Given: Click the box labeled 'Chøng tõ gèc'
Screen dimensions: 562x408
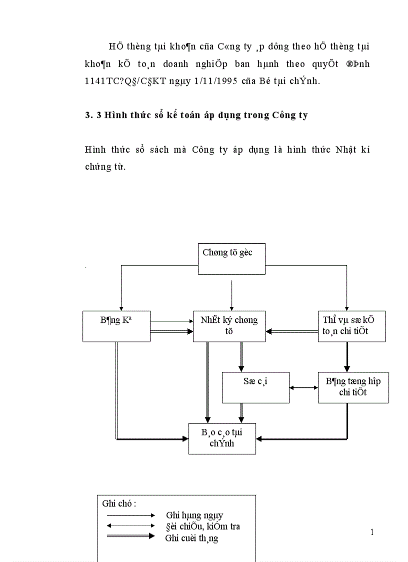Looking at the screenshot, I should (x=231, y=258).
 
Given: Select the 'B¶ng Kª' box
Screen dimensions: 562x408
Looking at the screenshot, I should (x=116, y=326).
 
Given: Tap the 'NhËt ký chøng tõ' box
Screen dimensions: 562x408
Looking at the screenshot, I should (x=229, y=326).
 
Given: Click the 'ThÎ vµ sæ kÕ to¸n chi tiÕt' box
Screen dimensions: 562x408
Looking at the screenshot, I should (x=351, y=326).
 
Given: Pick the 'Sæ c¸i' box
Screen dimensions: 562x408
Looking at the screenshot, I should (x=255, y=387).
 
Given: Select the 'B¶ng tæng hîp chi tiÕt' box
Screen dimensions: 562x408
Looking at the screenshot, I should (x=353, y=387).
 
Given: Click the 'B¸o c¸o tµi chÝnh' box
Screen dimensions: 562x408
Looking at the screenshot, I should (x=222, y=438).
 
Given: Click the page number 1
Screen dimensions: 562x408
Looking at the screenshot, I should (x=372, y=532).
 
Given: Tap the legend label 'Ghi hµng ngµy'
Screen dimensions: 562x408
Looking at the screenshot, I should (x=194, y=515).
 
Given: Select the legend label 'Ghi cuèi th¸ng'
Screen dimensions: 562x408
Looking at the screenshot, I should (x=191, y=538).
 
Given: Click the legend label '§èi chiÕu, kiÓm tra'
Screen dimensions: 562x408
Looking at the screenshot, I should (x=202, y=526).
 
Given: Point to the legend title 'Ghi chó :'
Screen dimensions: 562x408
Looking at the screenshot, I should (x=119, y=503).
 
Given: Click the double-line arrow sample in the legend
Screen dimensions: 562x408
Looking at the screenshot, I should (x=131, y=536).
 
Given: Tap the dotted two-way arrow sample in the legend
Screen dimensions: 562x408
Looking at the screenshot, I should (x=131, y=525).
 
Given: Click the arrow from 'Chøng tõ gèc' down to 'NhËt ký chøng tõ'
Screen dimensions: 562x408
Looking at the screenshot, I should (x=231, y=295).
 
